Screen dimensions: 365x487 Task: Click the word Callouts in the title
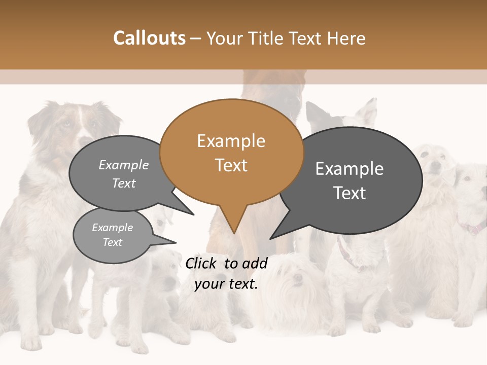tap(149, 38)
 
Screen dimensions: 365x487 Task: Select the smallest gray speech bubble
tap(113, 235)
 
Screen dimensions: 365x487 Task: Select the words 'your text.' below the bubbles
tap(226, 284)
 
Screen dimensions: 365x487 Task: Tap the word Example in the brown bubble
tap(231, 141)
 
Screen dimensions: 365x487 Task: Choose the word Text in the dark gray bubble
tap(350, 193)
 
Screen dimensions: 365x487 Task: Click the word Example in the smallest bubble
tap(113, 228)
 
